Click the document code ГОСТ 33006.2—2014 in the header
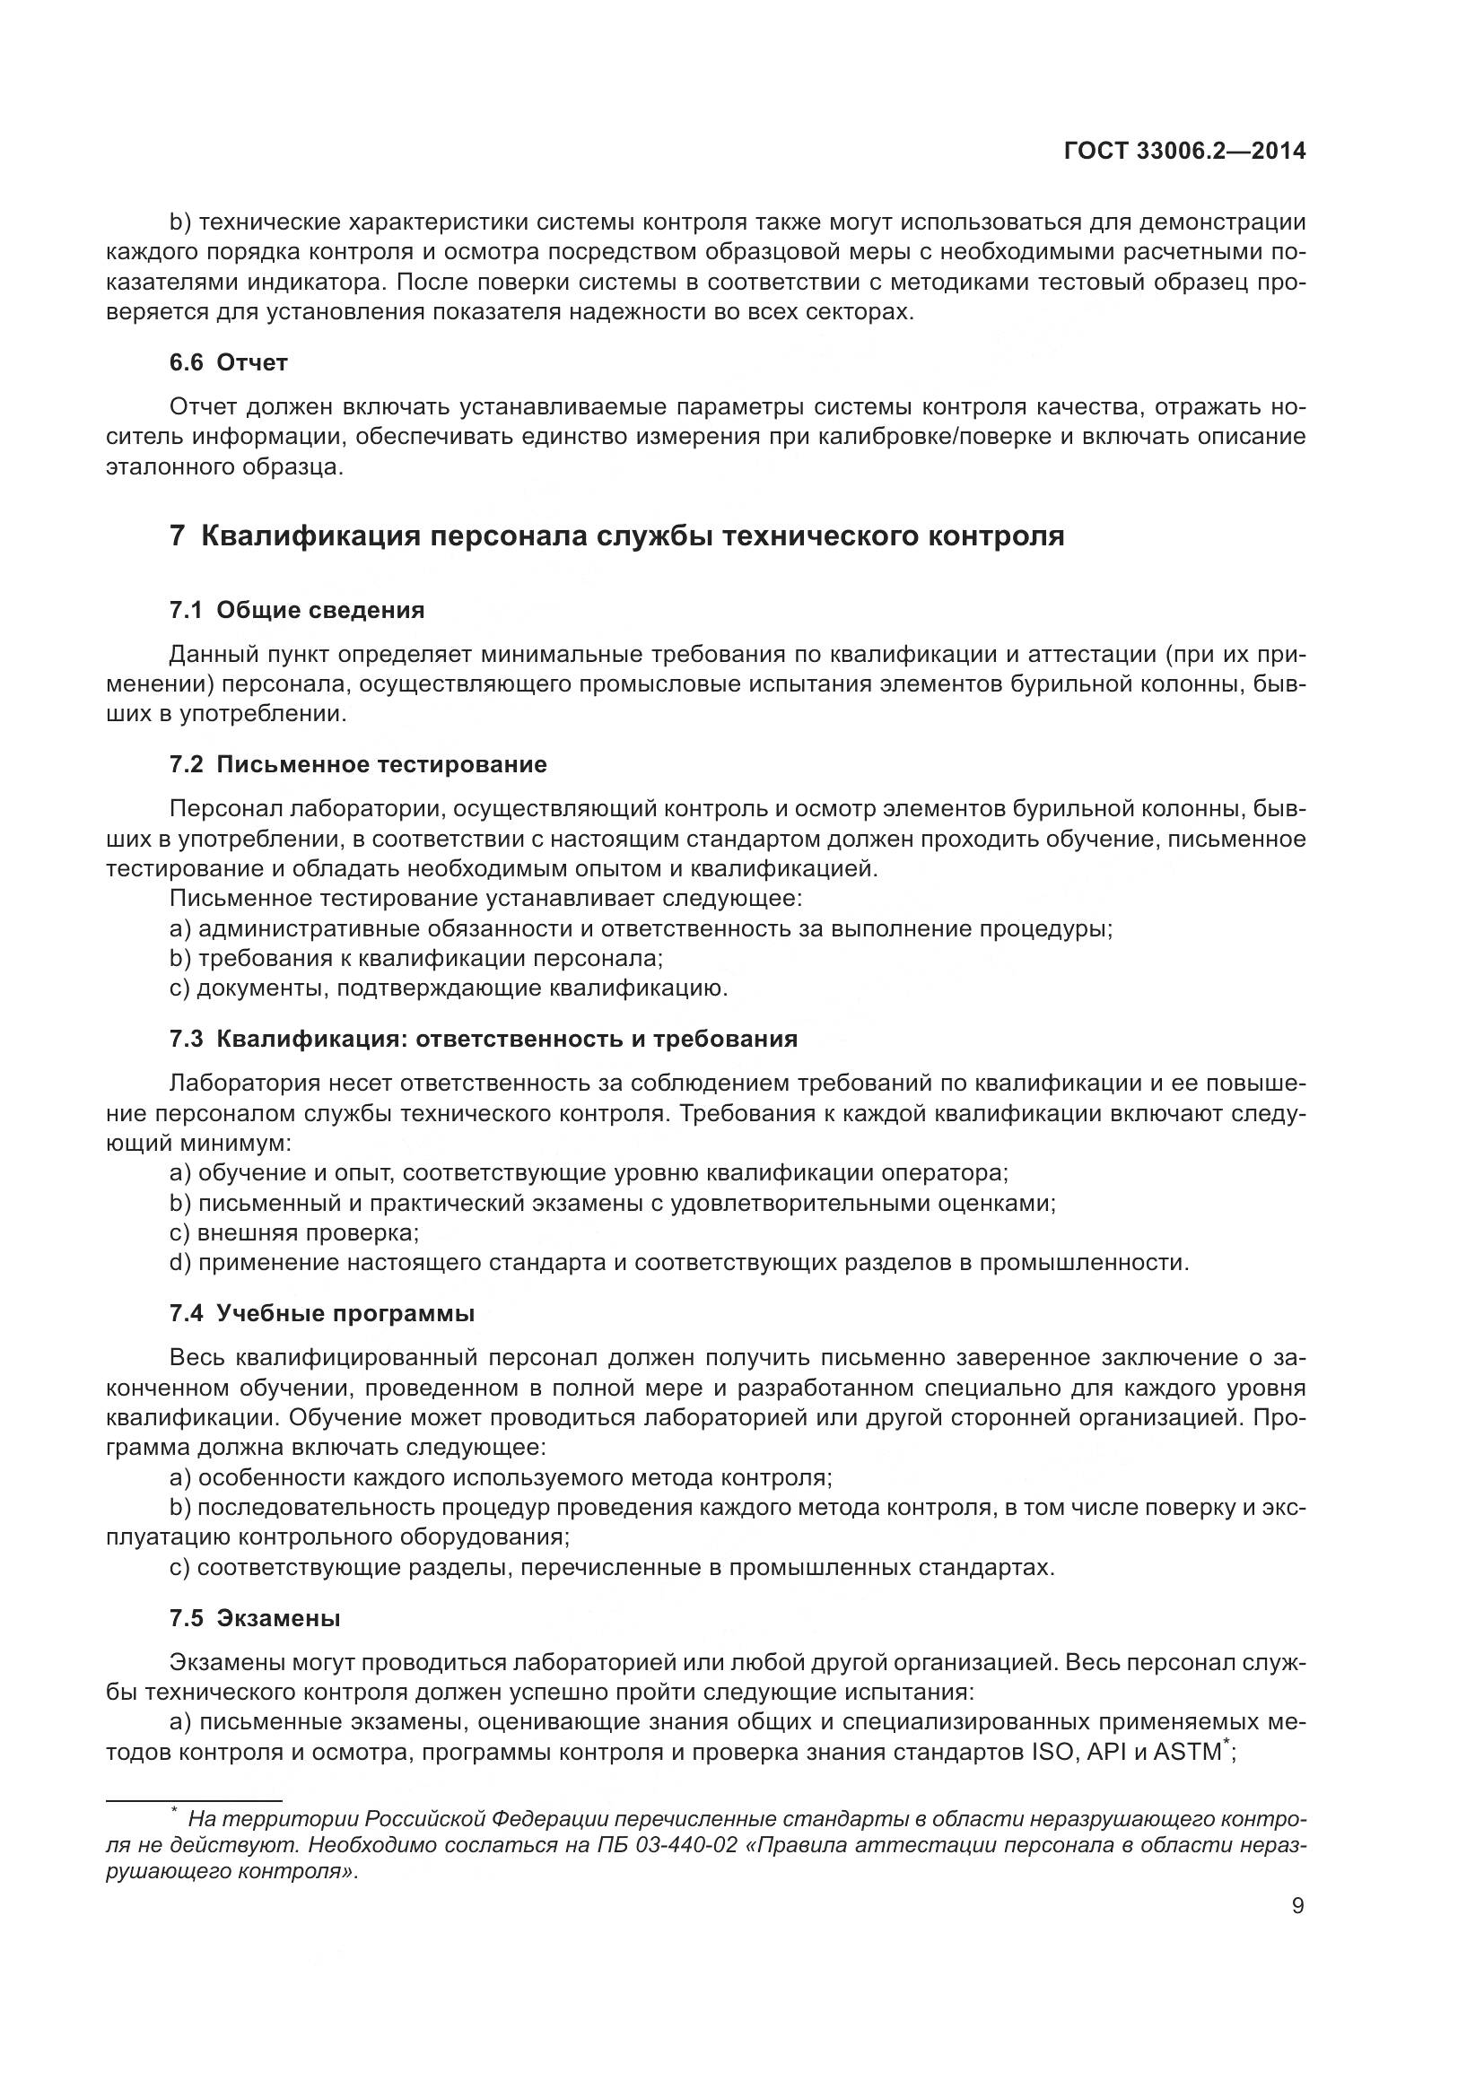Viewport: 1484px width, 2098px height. click(1184, 152)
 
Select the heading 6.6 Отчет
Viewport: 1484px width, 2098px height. click(229, 362)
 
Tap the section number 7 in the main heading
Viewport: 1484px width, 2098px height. click(178, 535)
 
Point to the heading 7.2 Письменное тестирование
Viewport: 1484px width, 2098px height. click(358, 764)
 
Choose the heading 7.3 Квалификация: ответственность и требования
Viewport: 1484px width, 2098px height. click(484, 1039)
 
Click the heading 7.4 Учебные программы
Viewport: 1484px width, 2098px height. click(322, 1314)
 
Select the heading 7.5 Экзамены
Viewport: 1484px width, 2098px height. click(255, 1618)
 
